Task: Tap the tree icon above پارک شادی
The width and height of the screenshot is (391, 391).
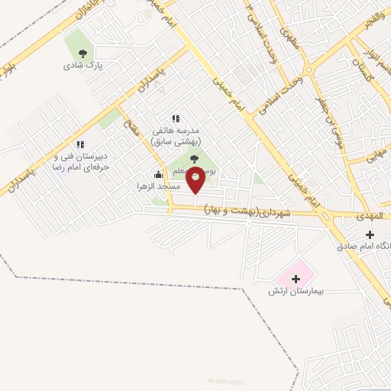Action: pos(83,52)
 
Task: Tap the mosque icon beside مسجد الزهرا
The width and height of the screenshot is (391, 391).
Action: pos(158,174)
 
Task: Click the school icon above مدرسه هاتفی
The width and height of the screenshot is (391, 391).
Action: pos(176,118)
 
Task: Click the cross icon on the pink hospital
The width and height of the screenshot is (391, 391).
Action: pos(297,279)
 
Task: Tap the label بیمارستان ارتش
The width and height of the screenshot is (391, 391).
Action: pos(297,292)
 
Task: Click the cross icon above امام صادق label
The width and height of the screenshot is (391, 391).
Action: pos(370,234)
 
